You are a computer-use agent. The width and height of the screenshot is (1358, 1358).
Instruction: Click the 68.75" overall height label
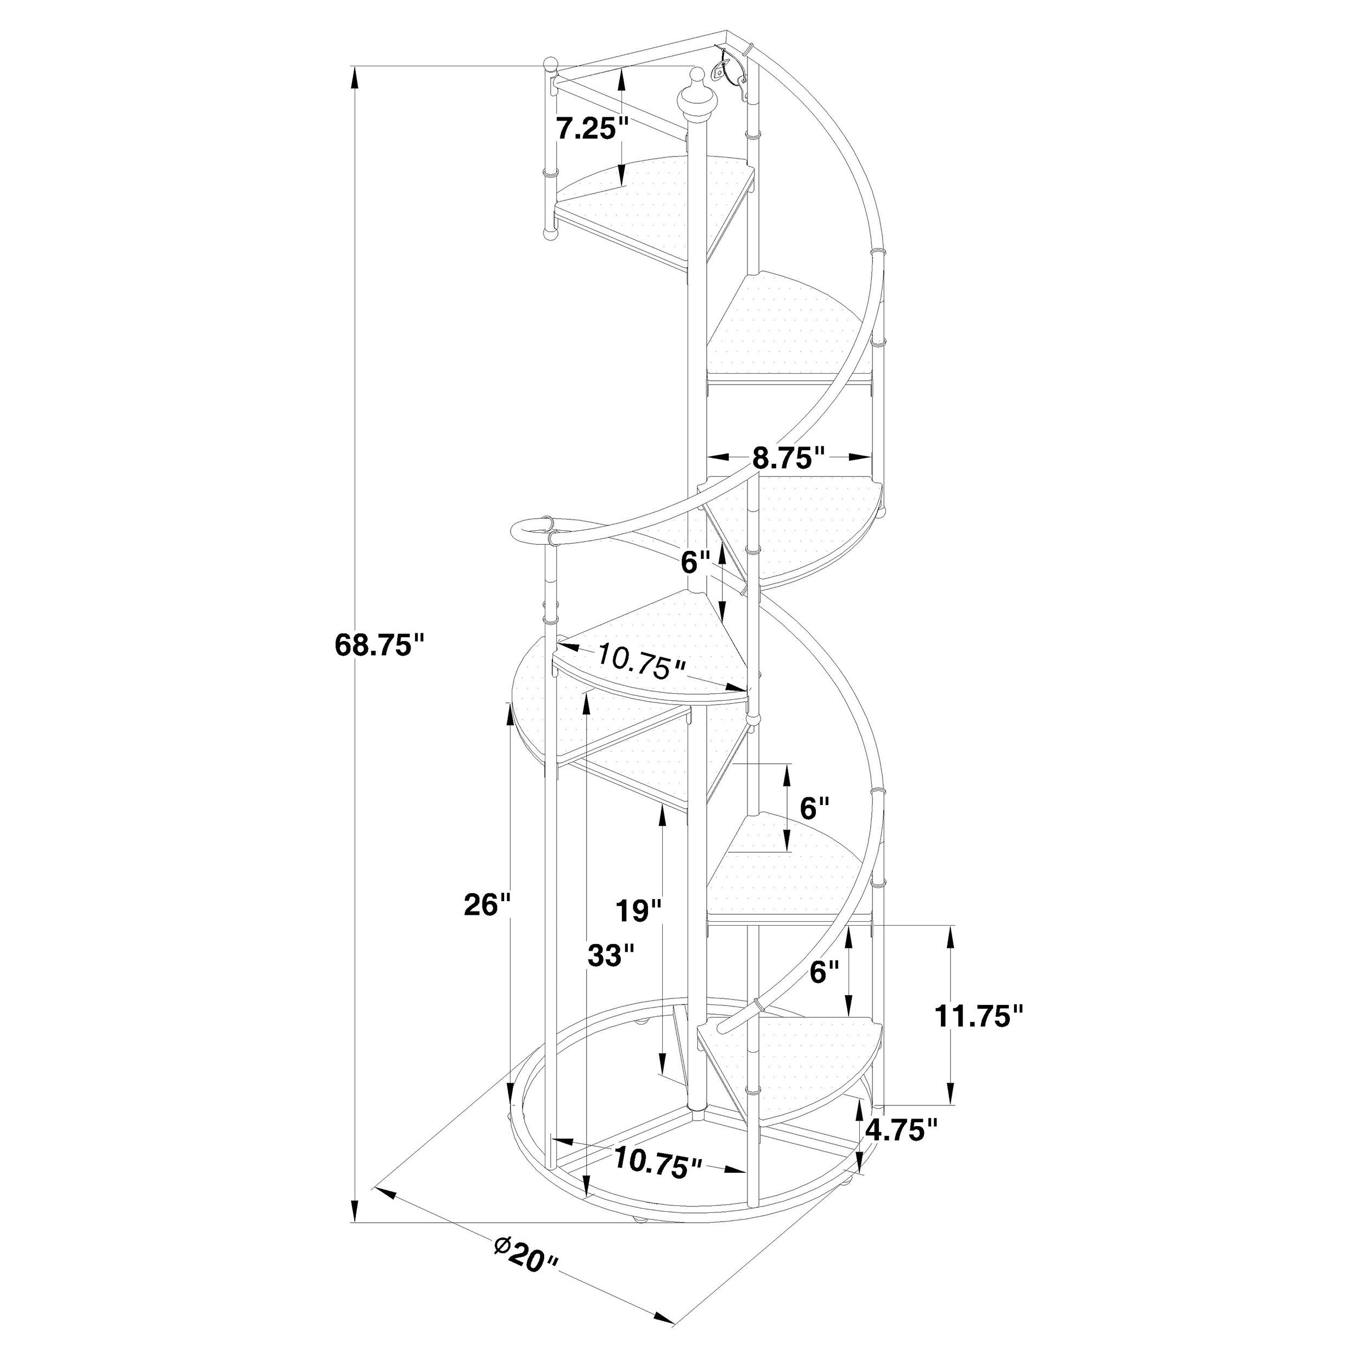point(381,645)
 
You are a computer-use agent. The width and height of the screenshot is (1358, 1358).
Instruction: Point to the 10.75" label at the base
point(658,1162)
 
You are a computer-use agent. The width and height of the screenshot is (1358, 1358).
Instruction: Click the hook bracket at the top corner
point(725,69)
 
